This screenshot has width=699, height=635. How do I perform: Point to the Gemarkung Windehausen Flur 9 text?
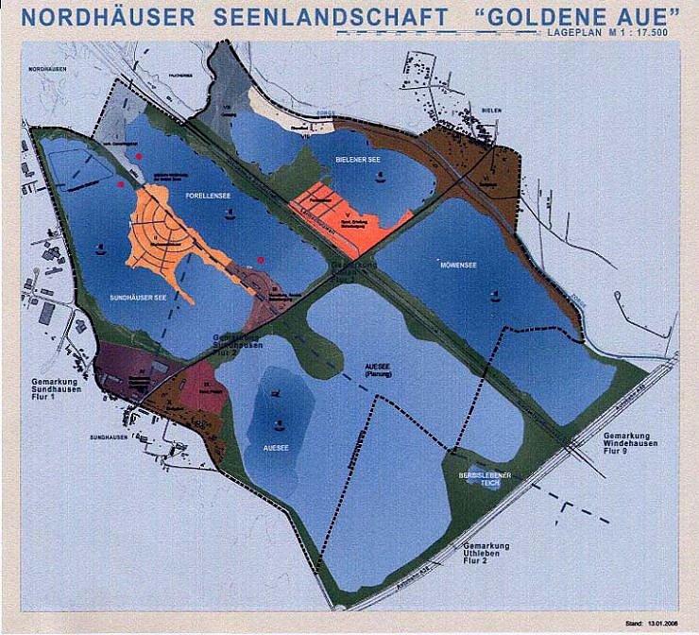[x=631, y=442]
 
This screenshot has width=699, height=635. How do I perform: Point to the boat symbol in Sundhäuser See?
[x=100, y=249]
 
